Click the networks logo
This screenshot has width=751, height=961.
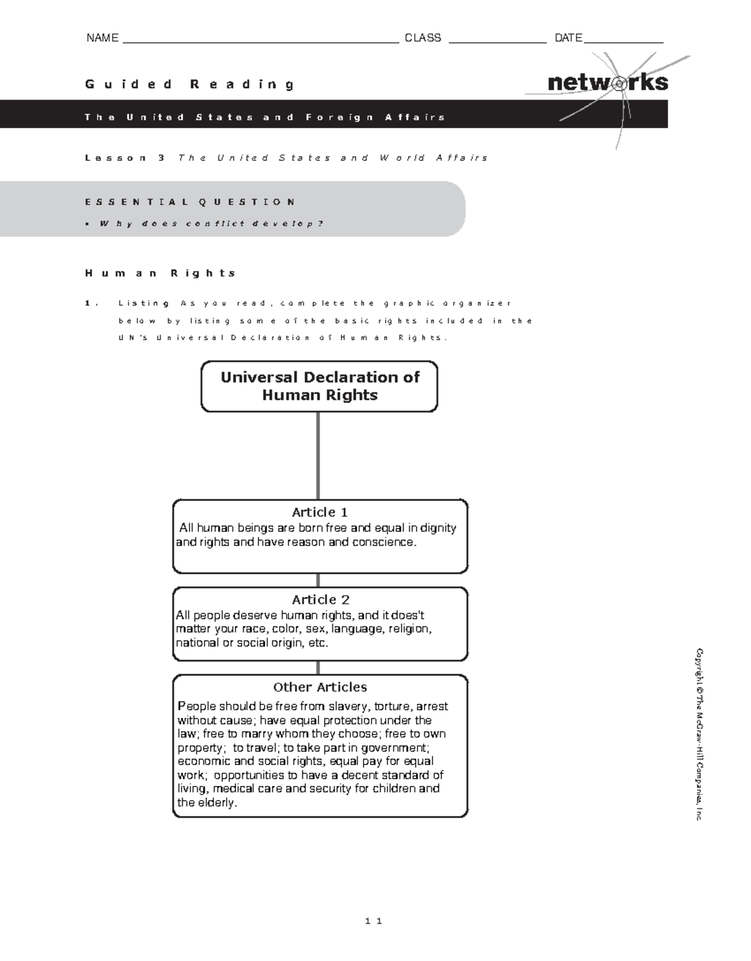tap(607, 83)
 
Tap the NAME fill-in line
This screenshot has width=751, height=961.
tap(261, 41)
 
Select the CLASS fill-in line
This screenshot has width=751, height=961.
tap(497, 41)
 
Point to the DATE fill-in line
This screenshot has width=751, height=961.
tap(623, 41)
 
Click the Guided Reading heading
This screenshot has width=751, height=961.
tap(190, 84)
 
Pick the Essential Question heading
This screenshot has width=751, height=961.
tap(190, 202)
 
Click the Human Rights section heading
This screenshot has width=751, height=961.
tap(161, 273)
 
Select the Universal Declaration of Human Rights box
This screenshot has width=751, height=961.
tap(319, 386)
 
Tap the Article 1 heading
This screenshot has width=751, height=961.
tap(320, 512)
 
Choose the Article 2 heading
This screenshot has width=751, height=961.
tap(320, 599)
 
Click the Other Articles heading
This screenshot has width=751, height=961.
tap(320, 687)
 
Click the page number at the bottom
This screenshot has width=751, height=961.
tap(374, 921)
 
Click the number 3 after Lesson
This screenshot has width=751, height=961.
tap(161, 158)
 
